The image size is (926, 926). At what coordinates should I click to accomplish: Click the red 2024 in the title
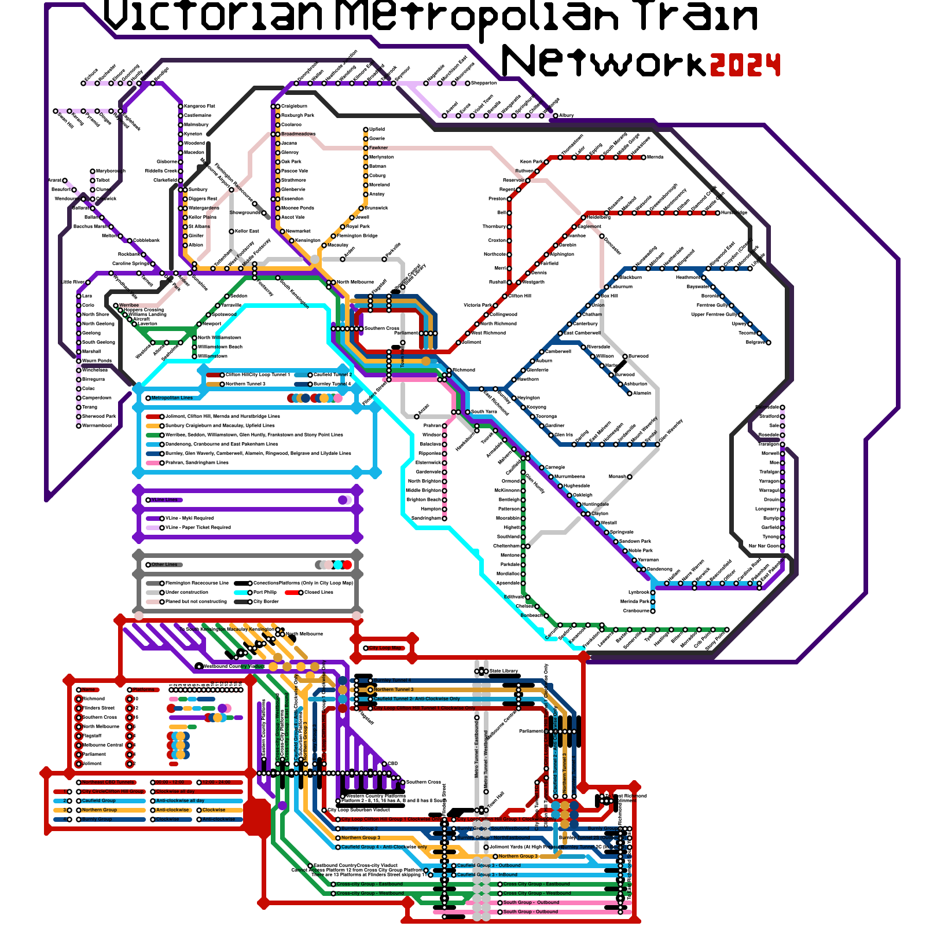click(x=745, y=64)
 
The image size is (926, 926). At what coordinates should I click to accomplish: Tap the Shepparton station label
click(x=484, y=83)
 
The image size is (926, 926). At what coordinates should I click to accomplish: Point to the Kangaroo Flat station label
click(x=199, y=106)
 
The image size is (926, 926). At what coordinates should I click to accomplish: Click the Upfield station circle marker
click(x=366, y=130)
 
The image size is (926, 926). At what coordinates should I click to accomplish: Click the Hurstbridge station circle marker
click(x=718, y=213)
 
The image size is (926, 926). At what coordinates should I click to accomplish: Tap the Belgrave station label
click(x=755, y=342)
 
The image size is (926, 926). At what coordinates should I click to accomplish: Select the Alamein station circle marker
click(x=630, y=394)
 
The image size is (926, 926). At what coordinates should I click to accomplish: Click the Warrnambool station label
click(x=97, y=425)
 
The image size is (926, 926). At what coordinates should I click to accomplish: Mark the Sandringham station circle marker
click(x=444, y=519)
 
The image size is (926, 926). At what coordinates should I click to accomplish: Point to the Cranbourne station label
click(x=636, y=611)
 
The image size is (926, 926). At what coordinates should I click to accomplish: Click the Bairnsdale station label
click(x=767, y=407)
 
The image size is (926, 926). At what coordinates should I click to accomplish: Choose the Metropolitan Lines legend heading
click(x=172, y=398)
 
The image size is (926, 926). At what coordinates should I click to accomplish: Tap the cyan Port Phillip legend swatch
click(x=241, y=592)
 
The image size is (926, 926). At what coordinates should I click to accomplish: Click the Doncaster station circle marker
click(x=602, y=236)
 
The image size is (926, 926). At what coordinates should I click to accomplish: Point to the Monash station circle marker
click(x=630, y=477)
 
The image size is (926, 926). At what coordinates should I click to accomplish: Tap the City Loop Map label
click(x=386, y=648)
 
